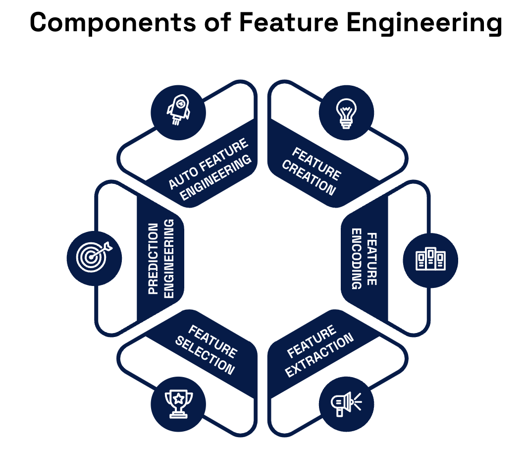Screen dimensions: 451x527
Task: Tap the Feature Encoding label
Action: point(365,259)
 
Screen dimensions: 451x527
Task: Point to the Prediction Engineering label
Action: point(160,259)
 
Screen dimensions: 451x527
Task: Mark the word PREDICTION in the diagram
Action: point(154,259)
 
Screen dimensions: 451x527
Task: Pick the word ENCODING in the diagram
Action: point(357,259)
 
